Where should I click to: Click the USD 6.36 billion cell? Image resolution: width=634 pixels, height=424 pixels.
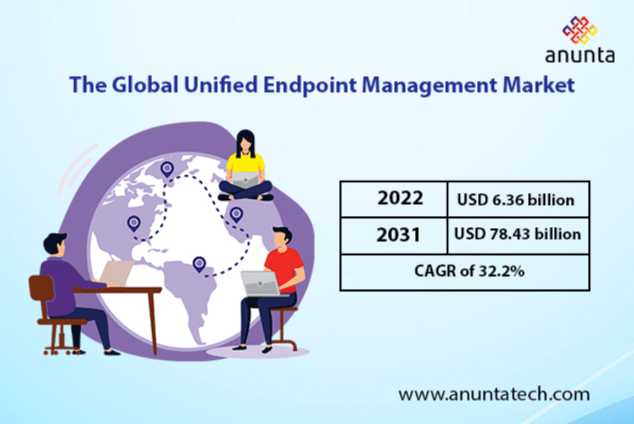pyautogui.click(x=517, y=200)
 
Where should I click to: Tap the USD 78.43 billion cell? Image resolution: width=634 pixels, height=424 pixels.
pyautogui.click(x=517, y=234)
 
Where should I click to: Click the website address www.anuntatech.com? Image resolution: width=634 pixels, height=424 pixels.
pyautogui.click(x=493, y=394)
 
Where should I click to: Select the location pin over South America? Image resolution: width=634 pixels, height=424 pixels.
pyautogui.click(x=199, y=264)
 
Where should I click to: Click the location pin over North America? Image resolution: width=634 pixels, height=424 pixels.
pyautogui.click(x=133, y=223)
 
